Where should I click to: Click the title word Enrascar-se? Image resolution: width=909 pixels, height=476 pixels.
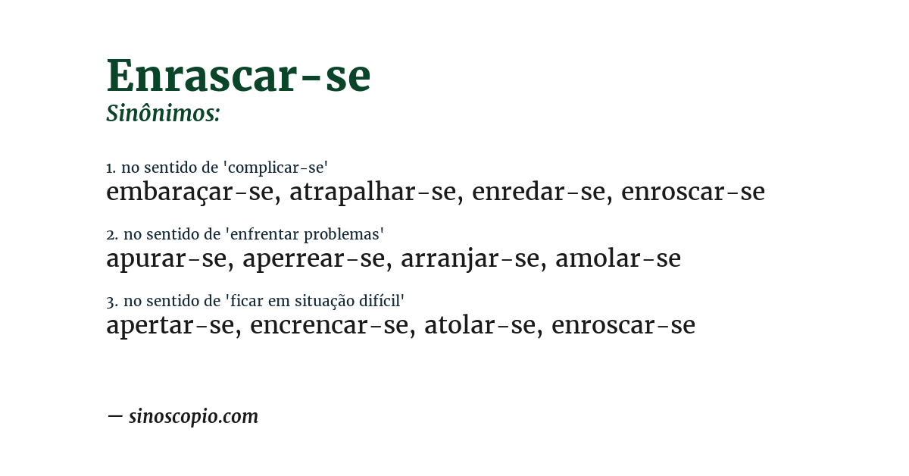238,76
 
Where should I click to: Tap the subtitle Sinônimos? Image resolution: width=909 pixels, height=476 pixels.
163,114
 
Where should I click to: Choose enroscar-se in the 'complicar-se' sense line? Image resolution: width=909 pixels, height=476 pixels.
692,193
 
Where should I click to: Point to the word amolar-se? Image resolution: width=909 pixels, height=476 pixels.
617,259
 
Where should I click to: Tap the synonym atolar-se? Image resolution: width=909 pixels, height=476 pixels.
479,326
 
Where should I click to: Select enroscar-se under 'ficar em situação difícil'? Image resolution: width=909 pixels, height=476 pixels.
623,326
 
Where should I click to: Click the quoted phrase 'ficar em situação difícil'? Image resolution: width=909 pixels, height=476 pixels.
315,301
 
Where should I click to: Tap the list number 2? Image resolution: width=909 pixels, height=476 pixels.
111,235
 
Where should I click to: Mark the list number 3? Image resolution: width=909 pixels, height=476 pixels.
111,302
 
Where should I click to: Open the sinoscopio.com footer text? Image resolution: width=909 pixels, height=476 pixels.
193,416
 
